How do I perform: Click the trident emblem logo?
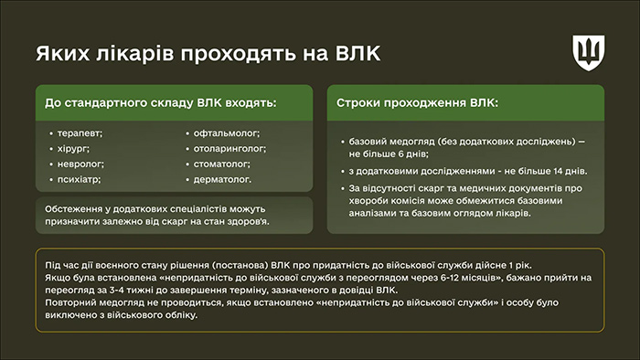point(588,52)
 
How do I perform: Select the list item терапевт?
point(80,133)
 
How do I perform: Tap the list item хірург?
point(76,149)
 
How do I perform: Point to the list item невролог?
point(80,164)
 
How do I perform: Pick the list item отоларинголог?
point(229,149)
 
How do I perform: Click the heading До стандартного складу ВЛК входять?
point(160,102)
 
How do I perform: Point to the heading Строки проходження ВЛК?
point(417,102)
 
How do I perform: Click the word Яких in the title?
point(56,53)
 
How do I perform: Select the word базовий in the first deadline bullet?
point(369,143)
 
